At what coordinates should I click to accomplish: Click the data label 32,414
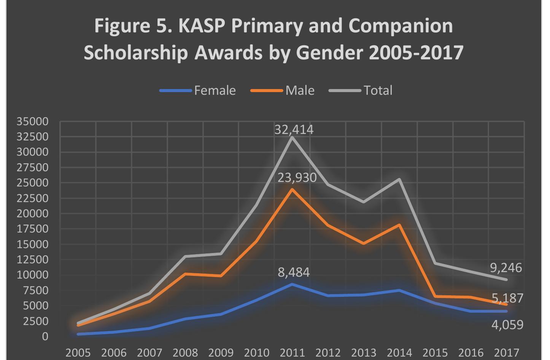pos(294,130)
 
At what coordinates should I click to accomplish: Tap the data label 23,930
pos(297,177)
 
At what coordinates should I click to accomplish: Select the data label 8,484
pos(294,272)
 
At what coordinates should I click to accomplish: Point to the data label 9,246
pos(506,268)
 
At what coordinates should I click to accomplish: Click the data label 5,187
pos(507,298)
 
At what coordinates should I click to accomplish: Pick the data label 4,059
pos(507,325)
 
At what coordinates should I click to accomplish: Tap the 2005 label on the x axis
pos(78,353)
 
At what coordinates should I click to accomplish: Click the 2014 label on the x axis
pos(399,353)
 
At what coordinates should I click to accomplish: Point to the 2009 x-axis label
pos(221,353)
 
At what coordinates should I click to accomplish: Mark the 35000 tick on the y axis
pos(32,121)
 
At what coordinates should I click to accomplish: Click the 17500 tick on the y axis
pos(32,229)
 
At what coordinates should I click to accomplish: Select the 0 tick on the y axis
pos(45,336)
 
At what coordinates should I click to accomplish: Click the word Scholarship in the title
pos(136,52)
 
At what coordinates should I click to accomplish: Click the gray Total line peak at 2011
pos(292,137)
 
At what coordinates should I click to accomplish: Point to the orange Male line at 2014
pos(399,225)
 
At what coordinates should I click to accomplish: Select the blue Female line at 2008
pos(185,319)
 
